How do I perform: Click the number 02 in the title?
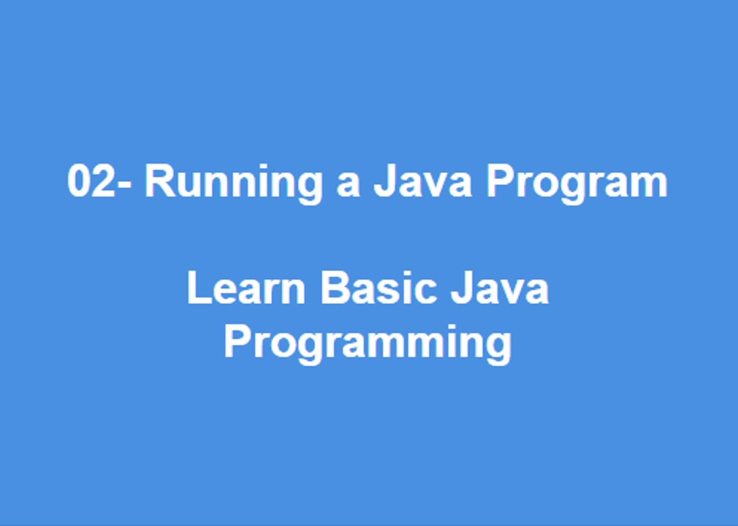click(x=91, y=181)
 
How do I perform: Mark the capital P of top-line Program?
click(x=501, y=181)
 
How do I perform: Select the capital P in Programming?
click(x=237, y=341)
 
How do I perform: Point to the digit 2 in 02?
click(x=103, y=181)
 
